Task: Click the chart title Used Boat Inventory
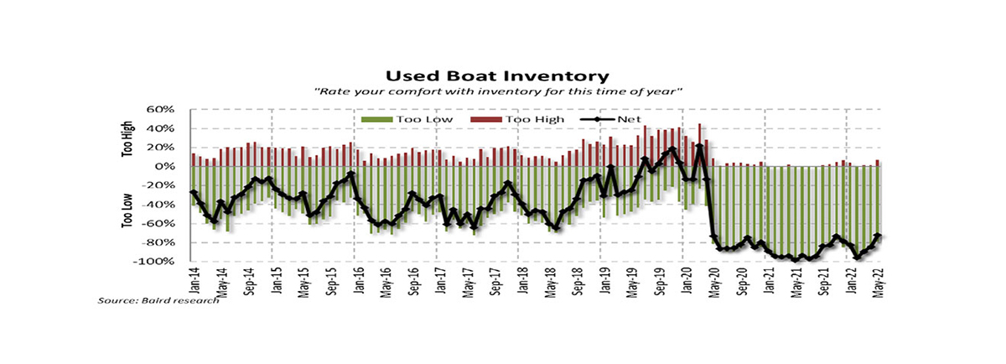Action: click(x=497, y=76)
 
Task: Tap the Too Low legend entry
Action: click(x=407, y=120)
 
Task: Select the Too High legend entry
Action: click(x=517, y=120)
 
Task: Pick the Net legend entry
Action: click(x=611, y=120)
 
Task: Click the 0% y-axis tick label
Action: click(x=165, y=167)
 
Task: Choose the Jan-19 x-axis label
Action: click(x=605, y=279)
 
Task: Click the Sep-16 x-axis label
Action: click(x=413, y=280)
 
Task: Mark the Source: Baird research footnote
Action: click(x=158, y=300)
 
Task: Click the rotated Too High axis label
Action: click(x=127, y=139)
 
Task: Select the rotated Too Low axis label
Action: click(x=127, y=211)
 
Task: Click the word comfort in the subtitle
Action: click(x=411, y=92)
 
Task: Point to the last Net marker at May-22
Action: click(x=878, y=236)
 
